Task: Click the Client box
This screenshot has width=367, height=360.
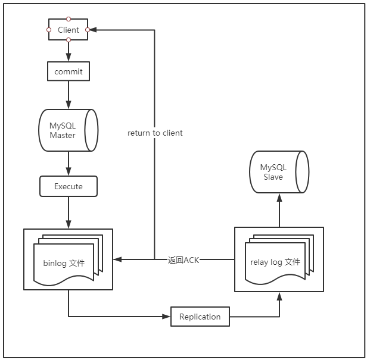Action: click(68, 30)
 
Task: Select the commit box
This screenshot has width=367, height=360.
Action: click(68, 72)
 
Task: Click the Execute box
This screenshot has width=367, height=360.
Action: click(68, 186)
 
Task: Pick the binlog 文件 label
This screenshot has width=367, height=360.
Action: click(64, 263)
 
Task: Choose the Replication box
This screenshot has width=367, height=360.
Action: click(200, 317)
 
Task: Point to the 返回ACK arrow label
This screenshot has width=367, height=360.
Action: click(183, 260)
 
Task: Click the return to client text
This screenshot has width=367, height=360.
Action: click(155, 133)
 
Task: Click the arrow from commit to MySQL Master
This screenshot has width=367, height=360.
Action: click(69, 95)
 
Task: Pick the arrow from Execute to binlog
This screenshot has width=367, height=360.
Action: click(69, 212)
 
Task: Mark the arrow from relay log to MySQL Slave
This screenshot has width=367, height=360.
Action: click(279, 211)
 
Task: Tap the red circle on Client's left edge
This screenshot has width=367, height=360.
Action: click(49, 29)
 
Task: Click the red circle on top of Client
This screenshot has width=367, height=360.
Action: click(69, 19)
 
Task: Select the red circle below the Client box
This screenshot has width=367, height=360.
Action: click(69, 40)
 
